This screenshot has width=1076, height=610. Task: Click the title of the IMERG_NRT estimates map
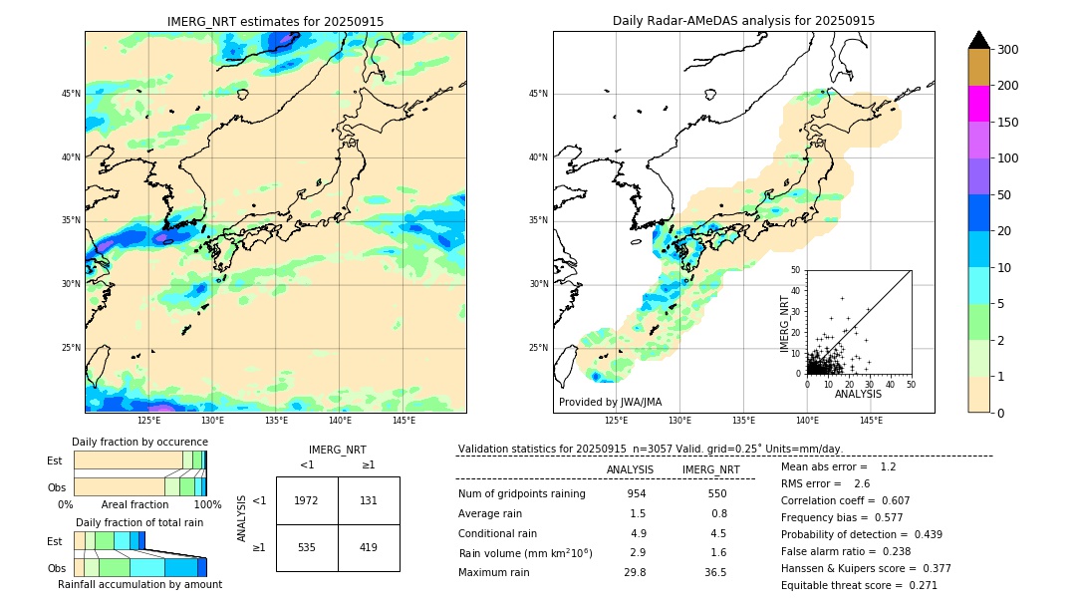(x=275, y=21)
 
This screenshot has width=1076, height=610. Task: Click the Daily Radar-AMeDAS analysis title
(x=743, y=21)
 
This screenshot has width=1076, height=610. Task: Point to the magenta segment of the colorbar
(x=978, y=104)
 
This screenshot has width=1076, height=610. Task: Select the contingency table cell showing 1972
(x=307, y=500)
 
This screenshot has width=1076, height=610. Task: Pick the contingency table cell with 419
(x=369, y=547)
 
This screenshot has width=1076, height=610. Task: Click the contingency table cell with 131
(x=369, y=500)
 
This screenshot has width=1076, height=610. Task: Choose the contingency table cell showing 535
(x=307, y=547)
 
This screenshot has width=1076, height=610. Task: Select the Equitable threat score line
(x=859, y=585)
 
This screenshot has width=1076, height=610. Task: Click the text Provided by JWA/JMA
(x=610, y=402)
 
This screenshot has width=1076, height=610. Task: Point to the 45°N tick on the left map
(x=71, y=94)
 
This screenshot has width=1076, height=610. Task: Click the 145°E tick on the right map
(x=871, y=421)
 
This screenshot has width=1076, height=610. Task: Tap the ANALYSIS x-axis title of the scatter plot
(x=858, y=394)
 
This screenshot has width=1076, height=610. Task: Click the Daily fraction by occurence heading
(x=137, y=442)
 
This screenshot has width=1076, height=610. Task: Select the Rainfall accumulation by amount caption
(x=139, y=585)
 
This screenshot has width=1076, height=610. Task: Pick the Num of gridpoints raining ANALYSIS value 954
(x=637, y=494)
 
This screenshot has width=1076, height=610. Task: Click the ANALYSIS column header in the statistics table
(x=630, y=469)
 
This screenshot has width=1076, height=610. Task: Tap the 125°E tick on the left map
(x=148, y=421)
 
